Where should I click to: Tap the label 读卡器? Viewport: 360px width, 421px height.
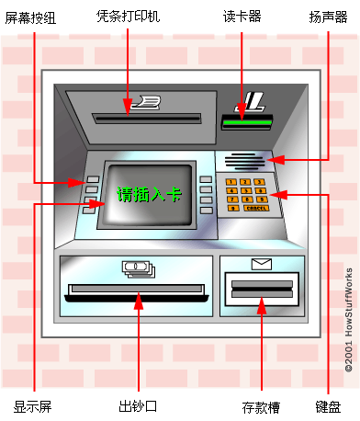point(242,16)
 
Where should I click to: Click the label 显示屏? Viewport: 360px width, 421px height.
point(33,405)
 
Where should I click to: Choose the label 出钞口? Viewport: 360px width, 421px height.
point(138,405)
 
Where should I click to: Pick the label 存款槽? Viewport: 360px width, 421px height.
point(260,405)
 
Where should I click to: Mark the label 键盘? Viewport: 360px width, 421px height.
point(329,405)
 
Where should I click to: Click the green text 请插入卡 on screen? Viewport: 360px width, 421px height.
point(149,194)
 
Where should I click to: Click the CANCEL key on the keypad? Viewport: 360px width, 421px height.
point(254,209)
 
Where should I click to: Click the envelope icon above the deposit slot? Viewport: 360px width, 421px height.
point(262,265)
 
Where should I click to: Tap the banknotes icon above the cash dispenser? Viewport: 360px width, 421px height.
point(139,268)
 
